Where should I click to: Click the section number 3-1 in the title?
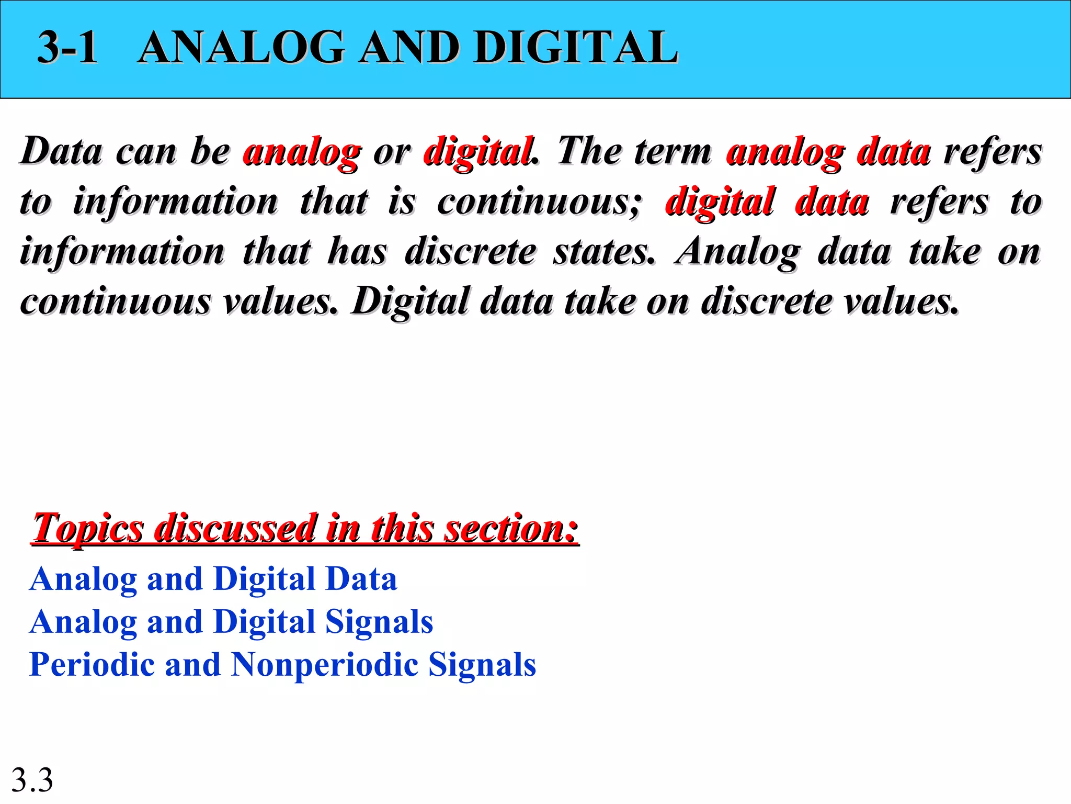pos(67,48)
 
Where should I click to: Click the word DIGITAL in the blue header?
pos(576,48)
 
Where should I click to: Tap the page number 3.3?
pos(32,780)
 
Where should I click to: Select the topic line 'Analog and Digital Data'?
pos(213,579)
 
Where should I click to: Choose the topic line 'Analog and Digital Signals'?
pos(231,622)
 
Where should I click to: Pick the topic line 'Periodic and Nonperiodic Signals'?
pos(282,665)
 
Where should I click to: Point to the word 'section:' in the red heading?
pos(511,529)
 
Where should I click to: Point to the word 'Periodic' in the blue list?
pos(92,665)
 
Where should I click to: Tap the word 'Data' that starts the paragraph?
pos(62,151)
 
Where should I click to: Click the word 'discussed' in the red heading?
pos(235,529)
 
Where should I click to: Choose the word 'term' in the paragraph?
pos(673,151)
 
